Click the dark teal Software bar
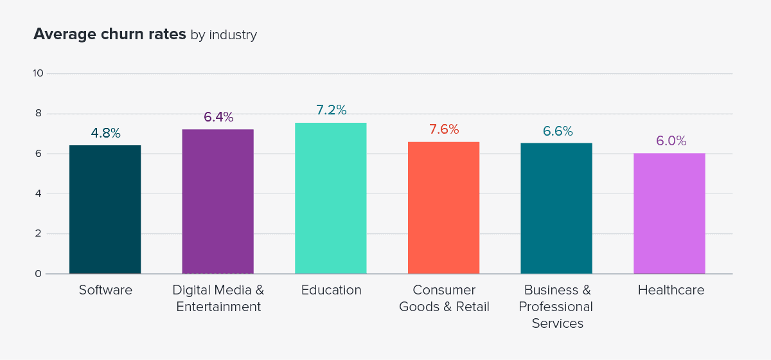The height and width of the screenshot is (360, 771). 105,210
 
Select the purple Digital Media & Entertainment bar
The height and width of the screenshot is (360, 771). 218,202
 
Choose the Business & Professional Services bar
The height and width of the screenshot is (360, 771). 556,208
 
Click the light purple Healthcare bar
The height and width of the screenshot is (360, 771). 669,213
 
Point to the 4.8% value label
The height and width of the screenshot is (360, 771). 105,133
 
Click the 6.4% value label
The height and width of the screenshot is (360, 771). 218,117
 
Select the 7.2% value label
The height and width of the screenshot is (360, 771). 331,110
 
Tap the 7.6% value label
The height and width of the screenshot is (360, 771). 444,129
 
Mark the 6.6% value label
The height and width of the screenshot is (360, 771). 557,131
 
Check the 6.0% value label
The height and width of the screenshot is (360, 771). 671,141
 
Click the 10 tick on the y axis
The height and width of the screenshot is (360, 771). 38,73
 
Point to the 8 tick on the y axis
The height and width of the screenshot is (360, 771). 38,114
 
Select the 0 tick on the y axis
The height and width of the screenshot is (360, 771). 38,274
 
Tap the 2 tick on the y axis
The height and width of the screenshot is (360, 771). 38,234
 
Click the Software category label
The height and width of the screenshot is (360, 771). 105,290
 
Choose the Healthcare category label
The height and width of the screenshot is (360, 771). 671,290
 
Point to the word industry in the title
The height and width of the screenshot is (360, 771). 233,35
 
